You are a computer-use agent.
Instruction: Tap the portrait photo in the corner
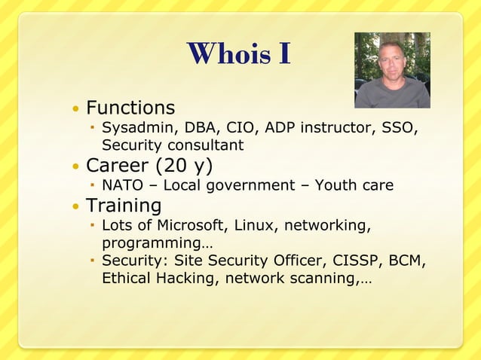tap(392, 70)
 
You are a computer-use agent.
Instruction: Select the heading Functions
tap(130, 108)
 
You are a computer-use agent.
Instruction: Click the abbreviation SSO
tap(399, 127)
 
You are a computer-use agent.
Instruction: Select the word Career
tap(118, 165)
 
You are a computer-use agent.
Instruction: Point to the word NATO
tap(123, 185)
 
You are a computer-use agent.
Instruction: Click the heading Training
tap(124, 206)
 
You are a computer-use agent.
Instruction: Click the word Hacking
tap(179, 278)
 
